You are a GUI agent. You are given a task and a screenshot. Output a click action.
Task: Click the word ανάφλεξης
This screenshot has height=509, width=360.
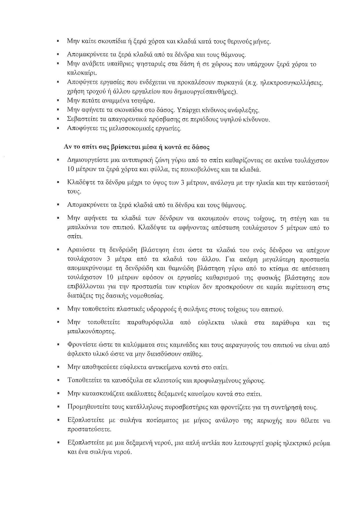click(x=246, y=110)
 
